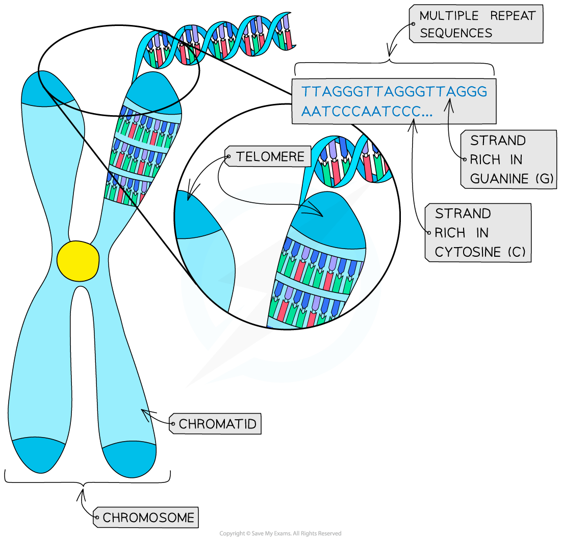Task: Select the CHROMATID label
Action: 217,423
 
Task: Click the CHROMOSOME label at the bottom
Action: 148,518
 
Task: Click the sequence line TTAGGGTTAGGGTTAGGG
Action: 394,92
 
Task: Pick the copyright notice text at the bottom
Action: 280,533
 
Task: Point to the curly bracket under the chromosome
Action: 87,478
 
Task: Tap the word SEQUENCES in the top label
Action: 455,34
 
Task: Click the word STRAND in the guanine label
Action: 491,141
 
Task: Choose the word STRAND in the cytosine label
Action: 463,213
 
